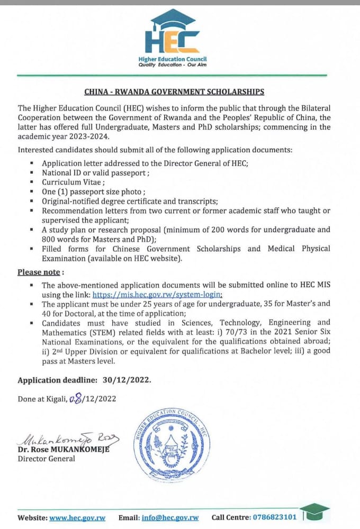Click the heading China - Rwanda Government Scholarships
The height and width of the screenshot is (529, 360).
[174, 92]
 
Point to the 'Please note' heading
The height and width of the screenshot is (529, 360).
[40, 272]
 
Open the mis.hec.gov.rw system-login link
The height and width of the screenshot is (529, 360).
[157, 295]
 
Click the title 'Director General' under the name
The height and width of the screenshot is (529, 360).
[46, 459]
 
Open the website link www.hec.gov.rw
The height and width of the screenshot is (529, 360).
[77, 517]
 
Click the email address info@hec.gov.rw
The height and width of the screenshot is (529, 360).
[170, 517]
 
